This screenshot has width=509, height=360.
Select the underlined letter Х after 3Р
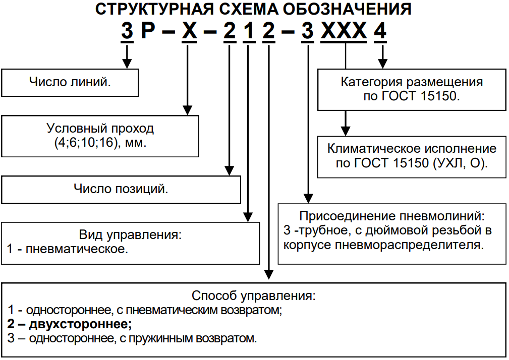click(x=188, y=32)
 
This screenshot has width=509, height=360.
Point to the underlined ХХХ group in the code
click(x=344, y=32)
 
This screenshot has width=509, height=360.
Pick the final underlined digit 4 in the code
click(x=380, y=32)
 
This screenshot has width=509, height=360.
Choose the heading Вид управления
click(x=130, y=234)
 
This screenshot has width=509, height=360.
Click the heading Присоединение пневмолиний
click(x=392, y=216)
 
